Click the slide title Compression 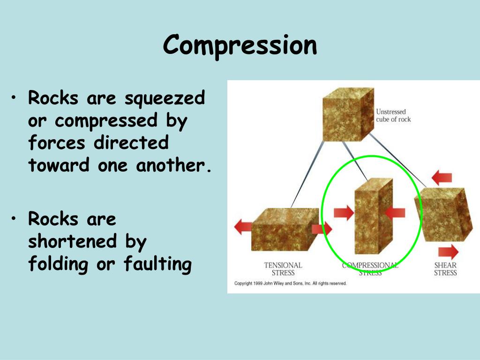point(240,46)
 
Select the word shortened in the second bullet point(72,241)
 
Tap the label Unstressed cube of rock point(393,115)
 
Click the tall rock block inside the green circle point(373,216)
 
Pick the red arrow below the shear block point(449,251)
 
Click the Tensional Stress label point(283,269)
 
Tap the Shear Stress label point(445,269)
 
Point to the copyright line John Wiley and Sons point(290,284)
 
